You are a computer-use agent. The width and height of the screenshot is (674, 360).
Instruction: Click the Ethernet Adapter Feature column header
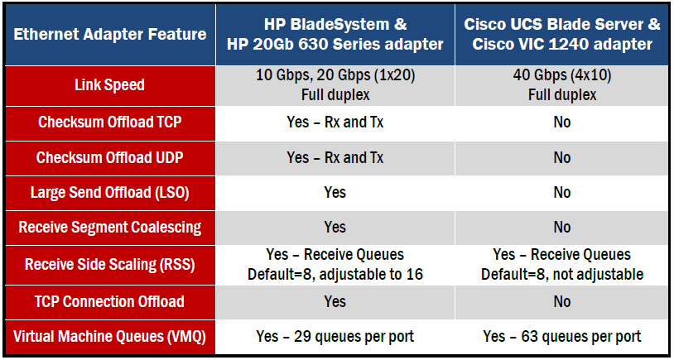click(x=110, y=35)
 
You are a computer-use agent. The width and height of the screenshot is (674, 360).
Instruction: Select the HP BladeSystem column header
click(x=335, y=35)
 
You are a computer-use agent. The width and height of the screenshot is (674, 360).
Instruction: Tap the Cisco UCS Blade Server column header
click(x=562, y=35)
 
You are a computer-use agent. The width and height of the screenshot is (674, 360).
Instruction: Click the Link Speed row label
click(x=109, y=85)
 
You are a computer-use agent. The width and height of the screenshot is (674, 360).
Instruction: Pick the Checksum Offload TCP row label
click(x=109, y=122)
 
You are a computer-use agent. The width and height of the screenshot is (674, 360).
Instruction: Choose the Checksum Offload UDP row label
click(x=109, y=158)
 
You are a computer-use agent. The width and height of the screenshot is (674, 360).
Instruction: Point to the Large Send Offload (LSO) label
click(x=109, y=193)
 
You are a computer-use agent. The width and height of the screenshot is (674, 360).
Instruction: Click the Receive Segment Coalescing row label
click(x=109, y=228)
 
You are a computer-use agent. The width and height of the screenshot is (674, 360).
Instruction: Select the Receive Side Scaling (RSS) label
click(x=109, y=264)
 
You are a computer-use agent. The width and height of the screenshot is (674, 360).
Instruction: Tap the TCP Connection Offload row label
click(x=109, y=301)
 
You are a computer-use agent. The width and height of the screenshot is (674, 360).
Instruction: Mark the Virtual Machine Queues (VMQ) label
click(x=109, y=337)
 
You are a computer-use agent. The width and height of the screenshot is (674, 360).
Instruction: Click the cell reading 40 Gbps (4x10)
click(x=562, y=85)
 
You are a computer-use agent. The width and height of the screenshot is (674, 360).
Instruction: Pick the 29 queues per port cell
click(x=335, y=337)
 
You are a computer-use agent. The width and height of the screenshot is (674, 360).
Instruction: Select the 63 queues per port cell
click(x=562, y=337)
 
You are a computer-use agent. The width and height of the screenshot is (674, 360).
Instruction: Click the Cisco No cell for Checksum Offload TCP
click(x=562, y=122)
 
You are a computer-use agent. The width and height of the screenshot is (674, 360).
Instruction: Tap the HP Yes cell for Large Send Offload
click(x=335, y=193)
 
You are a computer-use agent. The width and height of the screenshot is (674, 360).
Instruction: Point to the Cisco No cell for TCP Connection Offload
click(x=562, y=301)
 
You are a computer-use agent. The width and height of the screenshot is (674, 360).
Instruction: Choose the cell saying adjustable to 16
click(x=335, y=264)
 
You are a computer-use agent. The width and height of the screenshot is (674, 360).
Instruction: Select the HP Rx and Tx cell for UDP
click(x=335, y=158)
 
